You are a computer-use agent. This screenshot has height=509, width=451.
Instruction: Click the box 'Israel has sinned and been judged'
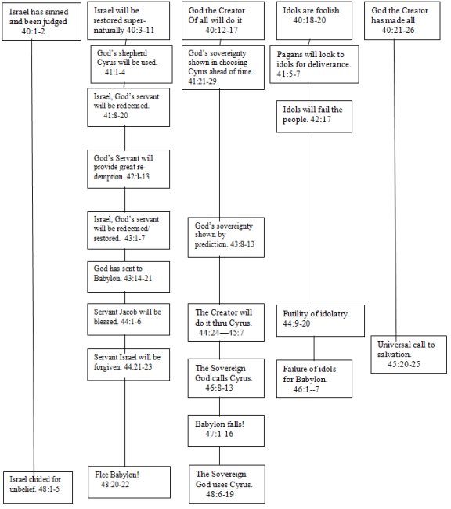(x=41, y=22)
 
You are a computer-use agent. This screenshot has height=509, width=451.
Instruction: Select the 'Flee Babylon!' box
(x=129, y=482)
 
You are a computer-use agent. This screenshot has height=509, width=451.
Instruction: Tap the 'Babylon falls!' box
(x=226, y=431)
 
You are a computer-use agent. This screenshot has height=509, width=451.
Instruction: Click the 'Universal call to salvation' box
(x=409, y=355)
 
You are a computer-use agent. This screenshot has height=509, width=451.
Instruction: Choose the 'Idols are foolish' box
(x=314, y=20)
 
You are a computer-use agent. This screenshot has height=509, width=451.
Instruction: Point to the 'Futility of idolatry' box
(x=320, y=320)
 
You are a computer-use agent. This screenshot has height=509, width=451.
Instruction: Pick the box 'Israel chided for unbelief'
(x=38, y=487)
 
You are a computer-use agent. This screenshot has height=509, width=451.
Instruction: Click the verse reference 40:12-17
(x=222, y=31)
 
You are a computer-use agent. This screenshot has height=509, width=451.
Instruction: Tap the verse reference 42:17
(x=320, y=120)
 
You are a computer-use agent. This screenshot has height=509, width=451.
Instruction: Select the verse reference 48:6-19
(x=219, y=494)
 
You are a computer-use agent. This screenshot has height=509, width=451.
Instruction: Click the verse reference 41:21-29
(x=202, y=81)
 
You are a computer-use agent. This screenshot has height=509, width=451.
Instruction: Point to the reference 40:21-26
(x=398, y=31)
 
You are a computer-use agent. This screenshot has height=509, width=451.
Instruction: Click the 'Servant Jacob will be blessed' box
(x=128, y=319)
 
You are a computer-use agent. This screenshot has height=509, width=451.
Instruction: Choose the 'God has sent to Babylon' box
(x=128, y=276)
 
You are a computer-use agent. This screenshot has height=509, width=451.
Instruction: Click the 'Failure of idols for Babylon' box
(x=314, y=378)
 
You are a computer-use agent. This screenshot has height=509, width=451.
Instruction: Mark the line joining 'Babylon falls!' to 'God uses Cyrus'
(x=219, y=456)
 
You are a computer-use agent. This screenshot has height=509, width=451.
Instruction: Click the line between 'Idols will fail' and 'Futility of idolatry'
(x=308, y=218)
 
